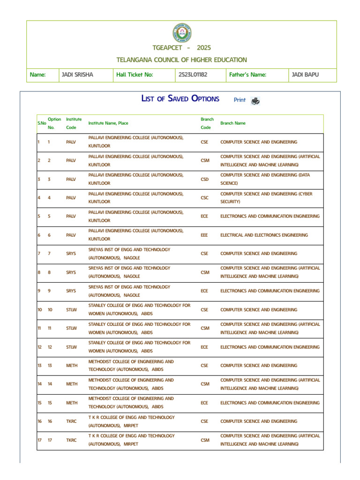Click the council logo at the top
pos(182,33)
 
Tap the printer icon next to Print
pos(255,101)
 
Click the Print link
pos(240,100)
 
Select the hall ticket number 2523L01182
pos(193,75)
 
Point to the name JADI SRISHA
pos(77,75)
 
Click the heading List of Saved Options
pos(180,99)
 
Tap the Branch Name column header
pos(233,123)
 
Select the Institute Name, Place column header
pos(108,123)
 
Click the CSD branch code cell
pos(204,179)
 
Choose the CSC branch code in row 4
pos(204,198)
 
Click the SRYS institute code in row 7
pos(71,254)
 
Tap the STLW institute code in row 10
pos(71,310)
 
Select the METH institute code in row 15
pos(72,403)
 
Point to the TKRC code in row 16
pos(71,421)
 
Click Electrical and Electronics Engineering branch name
pos(264,235)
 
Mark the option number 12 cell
pos(50,347)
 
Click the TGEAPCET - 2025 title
pos(182,48)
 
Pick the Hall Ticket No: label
pos(135,75)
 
